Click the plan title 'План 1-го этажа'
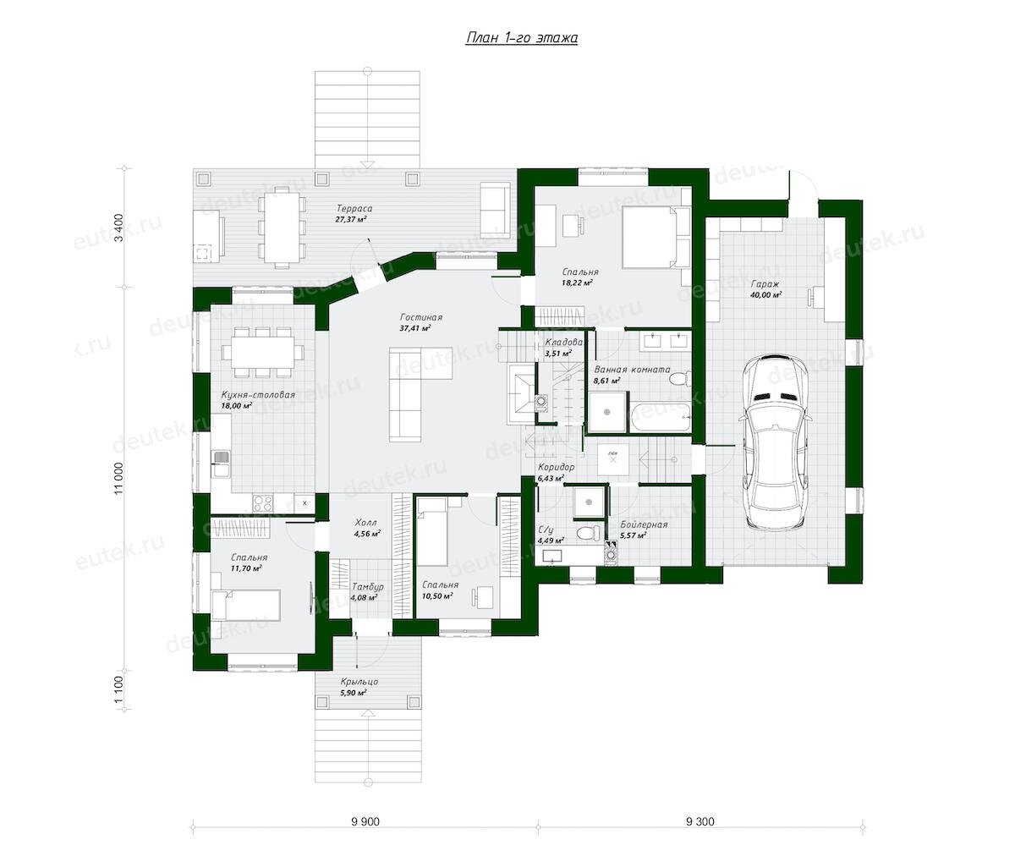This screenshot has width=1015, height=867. point(521,38)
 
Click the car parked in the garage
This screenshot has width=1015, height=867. point(776,442)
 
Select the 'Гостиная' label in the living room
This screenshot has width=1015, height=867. point(421,317)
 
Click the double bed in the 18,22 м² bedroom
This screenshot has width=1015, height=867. point(655,237)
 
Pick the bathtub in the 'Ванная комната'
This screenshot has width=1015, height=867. point(660,419)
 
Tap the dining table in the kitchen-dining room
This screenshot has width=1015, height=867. point(263,353)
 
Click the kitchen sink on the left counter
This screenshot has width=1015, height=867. point(222,464)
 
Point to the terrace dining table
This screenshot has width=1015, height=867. point(280,228)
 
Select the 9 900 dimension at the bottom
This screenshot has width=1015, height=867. point(365,820)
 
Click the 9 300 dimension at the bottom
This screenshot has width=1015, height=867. point(700,820)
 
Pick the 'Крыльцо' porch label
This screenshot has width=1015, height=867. point(359,682)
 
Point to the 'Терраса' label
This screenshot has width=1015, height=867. point(351,208)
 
